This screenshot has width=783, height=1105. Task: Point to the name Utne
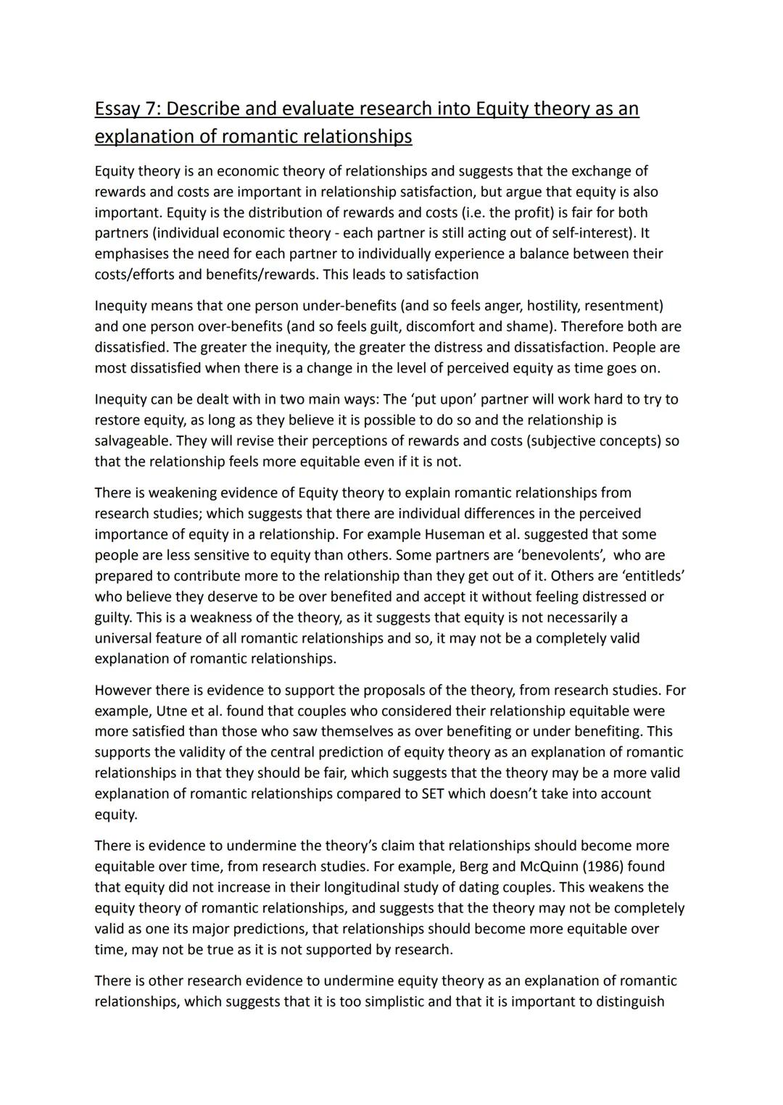pyautogui.click(x=171, y=711)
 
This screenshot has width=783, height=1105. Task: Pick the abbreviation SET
pyautogui.click(x=433, y=793)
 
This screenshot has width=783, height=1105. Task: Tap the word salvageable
pyautogui.click(x=133, y=441)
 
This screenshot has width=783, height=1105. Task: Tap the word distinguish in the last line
pyautogui.click(x=627, y=1001)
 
